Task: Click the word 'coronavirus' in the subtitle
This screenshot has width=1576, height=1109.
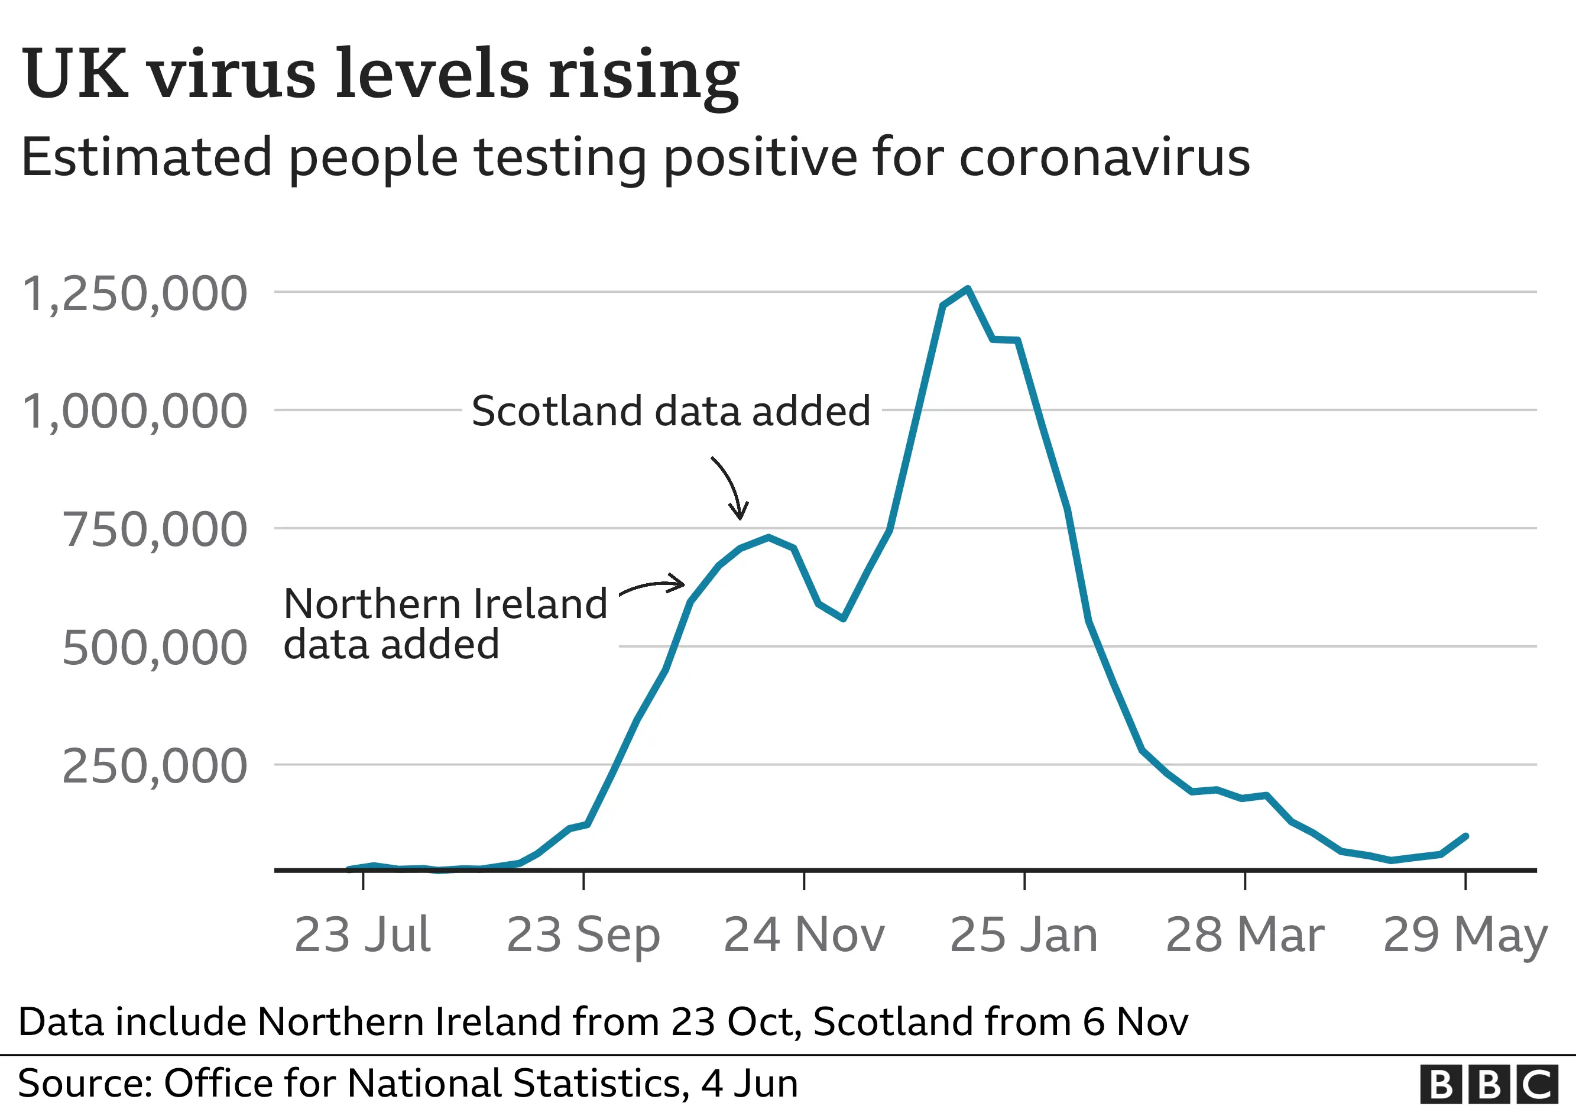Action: pyautogui.click(x=1104, y=158)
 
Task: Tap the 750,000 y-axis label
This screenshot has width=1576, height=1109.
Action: pyautogui.click(x=154, y=530)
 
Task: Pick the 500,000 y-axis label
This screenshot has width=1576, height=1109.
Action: pyautogui.click(x=154, y=648)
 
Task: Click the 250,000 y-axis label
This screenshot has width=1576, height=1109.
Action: pyautogui.click(x=154, y=767)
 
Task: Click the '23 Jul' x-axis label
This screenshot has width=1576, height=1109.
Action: pyautogui.click(x=362, y=935)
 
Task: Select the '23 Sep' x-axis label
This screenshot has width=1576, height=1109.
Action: pyautogui.click(x=583, y=935)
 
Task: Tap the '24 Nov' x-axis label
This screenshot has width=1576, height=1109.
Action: pyautogui.click(x=804, y=935)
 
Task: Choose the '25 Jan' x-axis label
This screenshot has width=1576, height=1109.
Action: pyautogui.click(x=1024, y=935)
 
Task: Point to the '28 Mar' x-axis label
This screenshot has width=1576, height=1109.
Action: pyautogui.click(x=1244, y=935)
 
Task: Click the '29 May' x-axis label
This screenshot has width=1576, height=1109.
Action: pyautogui.click(x=1465, y=935)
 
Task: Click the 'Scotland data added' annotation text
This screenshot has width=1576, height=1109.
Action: pyautogui.click(x=670, y=411)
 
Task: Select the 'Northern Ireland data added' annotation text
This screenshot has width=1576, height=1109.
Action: pyautogui.click(x=445, y=623)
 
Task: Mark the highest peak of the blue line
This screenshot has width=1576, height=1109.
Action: pyautogui.click(x=967, y=289)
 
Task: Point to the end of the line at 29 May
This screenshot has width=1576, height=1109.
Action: pyautogui.click(x=1465, y=836)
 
